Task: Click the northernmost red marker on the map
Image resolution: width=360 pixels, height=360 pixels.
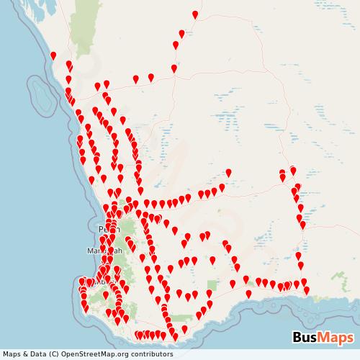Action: pyautogui.click(x=195, y=14)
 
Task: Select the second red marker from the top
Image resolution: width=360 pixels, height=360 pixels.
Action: pyautogui.click(x=181, y=32)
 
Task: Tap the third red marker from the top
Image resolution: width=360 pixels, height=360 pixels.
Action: pyautogui.click(x=176, y=45)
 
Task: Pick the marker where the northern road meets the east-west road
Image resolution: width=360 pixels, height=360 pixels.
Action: pyautogui.click(x=174, y=68)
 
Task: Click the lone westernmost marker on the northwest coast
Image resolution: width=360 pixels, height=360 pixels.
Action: pyautogui.click(x=53, y=55)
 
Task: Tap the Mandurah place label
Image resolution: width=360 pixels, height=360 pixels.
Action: pyautogui.click(x=102, y=251)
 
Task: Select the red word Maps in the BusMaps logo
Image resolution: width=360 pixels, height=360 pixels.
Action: pyautogui.click(x=335, y=338)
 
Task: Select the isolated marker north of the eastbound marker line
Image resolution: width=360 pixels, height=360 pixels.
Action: pyautogui.click(x=228, y=172)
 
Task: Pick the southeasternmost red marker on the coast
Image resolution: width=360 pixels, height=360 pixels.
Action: pyautogui.click(x=307, y=290)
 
